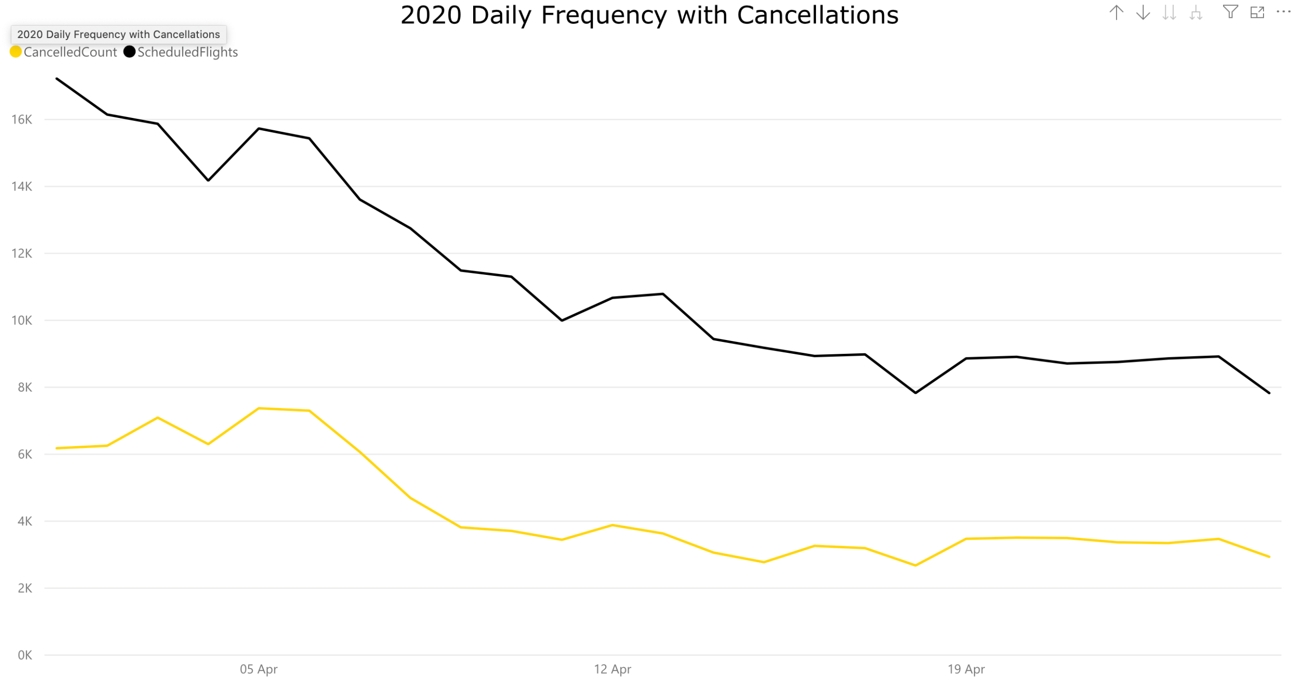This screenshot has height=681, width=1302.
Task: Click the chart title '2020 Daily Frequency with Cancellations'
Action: point(649,15)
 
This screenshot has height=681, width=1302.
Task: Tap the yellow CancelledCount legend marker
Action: point(16,52)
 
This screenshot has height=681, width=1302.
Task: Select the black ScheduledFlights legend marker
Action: point(129,52)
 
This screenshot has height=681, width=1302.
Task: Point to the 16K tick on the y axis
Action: point(22,120)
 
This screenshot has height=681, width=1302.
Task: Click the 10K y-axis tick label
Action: point(22,321)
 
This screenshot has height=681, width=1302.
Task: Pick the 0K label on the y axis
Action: point(24,655)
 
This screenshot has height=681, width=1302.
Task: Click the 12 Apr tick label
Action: point(612,669)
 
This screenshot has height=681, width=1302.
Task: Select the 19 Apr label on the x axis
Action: point(966,669)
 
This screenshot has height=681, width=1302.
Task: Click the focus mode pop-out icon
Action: point(1257,12)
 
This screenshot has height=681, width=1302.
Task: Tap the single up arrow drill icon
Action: point(1116,12)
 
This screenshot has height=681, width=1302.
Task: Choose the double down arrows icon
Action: point(1169,12)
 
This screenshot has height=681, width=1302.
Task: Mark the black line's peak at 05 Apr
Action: point(259,128)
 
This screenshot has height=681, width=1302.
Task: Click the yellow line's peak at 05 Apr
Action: point(259,408)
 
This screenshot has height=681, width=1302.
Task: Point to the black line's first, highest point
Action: point(57,79)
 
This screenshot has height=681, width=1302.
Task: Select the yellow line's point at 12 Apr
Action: point(612,525)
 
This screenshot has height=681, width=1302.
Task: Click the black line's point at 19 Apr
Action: point(966,358)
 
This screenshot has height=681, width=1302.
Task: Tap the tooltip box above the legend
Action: point(118,35)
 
